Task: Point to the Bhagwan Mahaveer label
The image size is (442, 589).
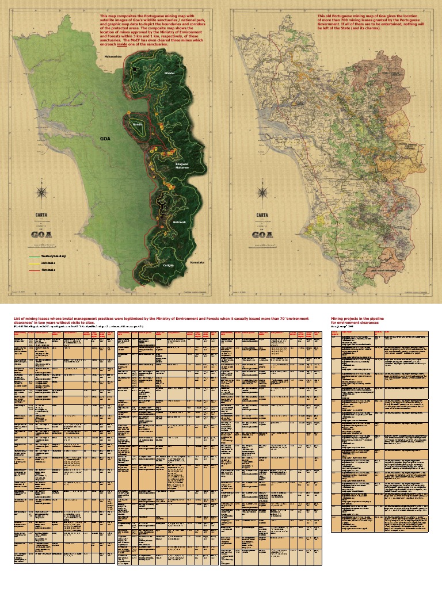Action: pos(182,166)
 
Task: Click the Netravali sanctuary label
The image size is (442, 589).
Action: pos(181,221)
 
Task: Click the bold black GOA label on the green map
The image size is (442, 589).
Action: pos(105,139)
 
